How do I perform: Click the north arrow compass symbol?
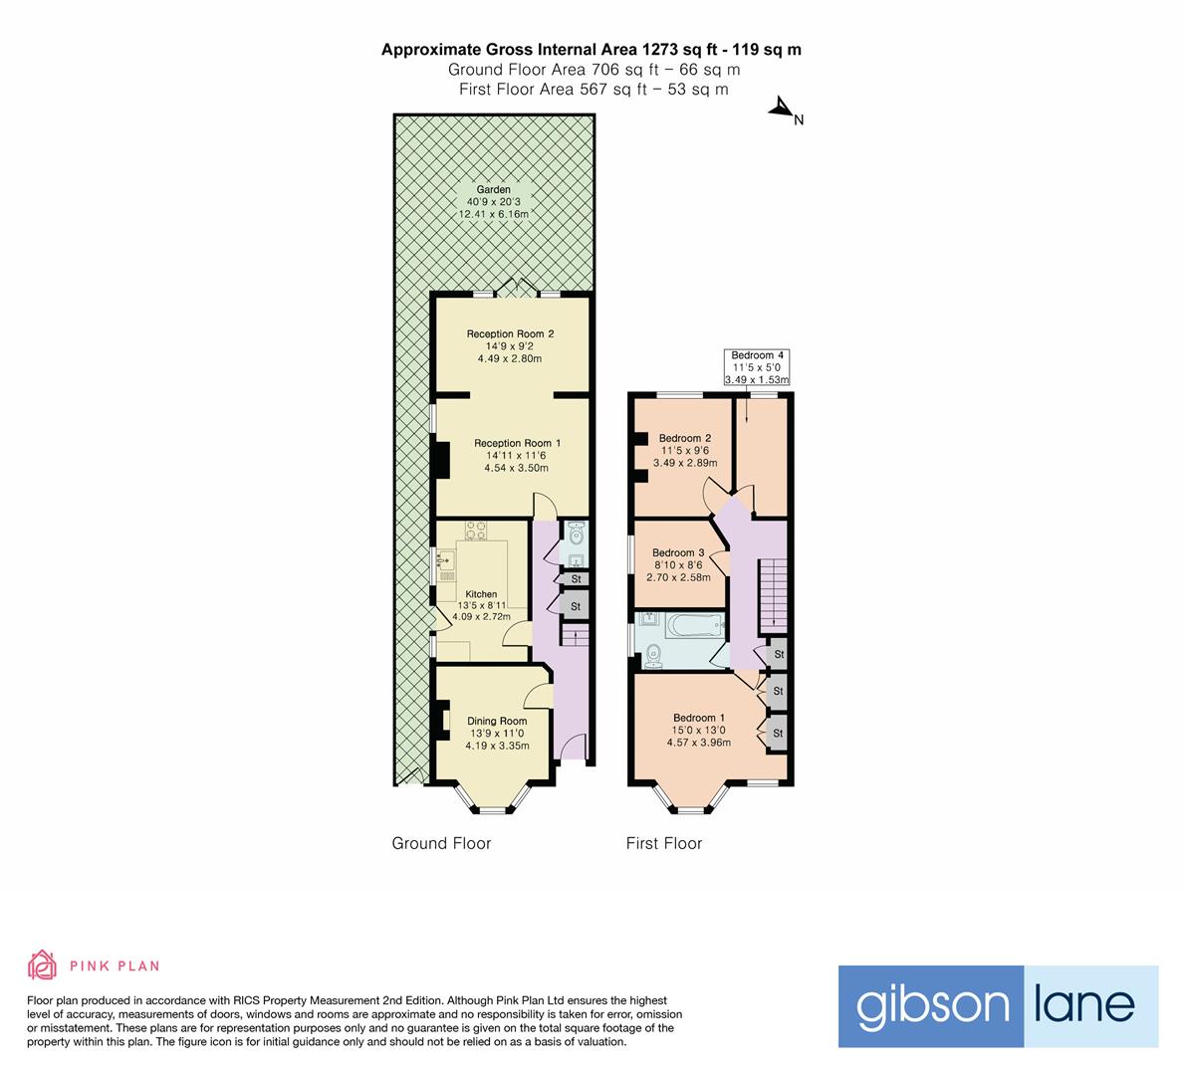pyautogui.click(x=781, y=109)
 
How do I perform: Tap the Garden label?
pyautogui.click(x=493, y=189)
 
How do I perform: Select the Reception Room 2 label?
pyautogui.click(x=510, y=334)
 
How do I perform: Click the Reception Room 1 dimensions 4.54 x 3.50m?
pyautogui.click(x=516, y=468)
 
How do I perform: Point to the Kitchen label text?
pyautogui.click(x=481, y=594)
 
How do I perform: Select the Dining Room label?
pyautogui.click(x=498, y=722)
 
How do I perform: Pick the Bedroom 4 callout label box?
pyautogui.click(x=758, y=367)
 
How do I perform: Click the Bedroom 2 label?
pyautogui.click(x=685, y=438)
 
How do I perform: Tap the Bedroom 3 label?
pyautogui.click(x=678, y=553)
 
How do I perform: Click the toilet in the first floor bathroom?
pyautogui.click(x=653, y=656)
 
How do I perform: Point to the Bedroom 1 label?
pyautogui.click(x=699, y=718)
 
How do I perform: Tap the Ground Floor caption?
pyautogui.click(x=441, y=843)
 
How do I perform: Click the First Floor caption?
pyautogui.click(x=663, y=843)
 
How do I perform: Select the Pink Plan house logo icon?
pyautogui.click(x=43, y=965)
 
